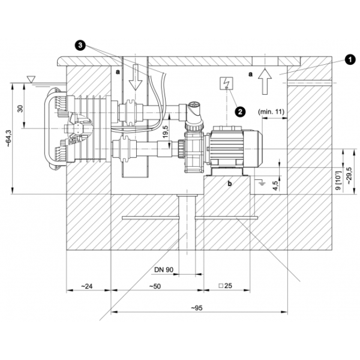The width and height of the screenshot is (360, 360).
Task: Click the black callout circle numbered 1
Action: pyautogui.click(x=350, y=60)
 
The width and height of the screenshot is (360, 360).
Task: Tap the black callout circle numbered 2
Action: pyautogui.click(x=240, y=112)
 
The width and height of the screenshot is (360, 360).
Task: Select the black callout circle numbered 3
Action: pyautogui.click(x=80, y=45)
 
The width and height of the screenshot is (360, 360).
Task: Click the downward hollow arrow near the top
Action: pyautogui.click(x=136, y=77)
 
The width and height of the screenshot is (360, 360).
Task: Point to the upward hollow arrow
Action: pyautogui.click(x=265, y=82)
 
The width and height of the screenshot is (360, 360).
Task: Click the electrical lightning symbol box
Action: pyautogui.click(x=226, y=83)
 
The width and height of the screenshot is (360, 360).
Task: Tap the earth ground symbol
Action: pyautogui.click(x=262, y=183)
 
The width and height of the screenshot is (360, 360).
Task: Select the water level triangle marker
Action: pyautogui.click(x=31, y=79)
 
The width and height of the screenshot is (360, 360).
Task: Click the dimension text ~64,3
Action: pyautogui.click(x=8, y=139)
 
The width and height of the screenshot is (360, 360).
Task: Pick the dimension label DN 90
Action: pyautogui.click(x=164, y=269)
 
